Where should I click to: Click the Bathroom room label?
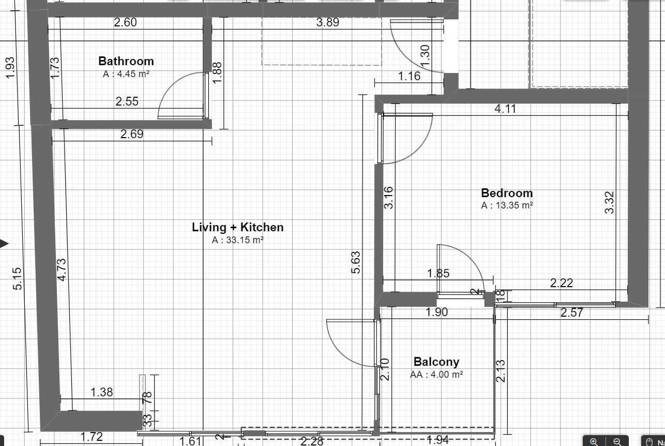[x=126, y=62]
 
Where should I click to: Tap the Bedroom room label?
[x=507, y=193]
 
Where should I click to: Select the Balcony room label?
[x=436, y=362]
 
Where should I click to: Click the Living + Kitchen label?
[x=237, y=227]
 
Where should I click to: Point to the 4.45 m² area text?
[x=126, y=74]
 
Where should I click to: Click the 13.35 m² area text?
[x=507, y=205]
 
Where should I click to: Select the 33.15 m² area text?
[x=238, y=240]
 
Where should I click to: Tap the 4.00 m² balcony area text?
[x=436, y=375]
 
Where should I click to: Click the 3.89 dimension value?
[x=327, y=22]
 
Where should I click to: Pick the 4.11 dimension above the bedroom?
[x=505, y=109]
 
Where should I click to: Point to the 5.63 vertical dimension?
[x=356, y=262]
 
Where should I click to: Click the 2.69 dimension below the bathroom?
[x=131, y=135]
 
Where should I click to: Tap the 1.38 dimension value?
[x=101, y=392]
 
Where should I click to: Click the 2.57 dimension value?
[x=571, y=313]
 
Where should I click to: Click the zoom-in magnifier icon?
[x=594, y=441]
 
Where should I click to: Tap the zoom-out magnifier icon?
[x=617, y=441]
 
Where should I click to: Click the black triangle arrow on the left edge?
[x=4, y=243]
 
